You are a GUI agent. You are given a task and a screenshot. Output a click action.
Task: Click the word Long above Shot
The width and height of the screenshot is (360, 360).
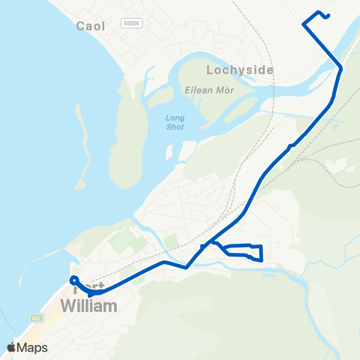coord(174,117)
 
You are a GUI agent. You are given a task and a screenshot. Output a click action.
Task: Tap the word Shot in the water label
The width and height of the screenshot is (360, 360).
coord(174,127)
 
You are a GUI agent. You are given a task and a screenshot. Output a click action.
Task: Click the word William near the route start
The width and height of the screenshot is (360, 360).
coord(88,306)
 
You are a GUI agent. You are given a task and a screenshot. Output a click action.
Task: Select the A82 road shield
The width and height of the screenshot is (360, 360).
coord(36,318)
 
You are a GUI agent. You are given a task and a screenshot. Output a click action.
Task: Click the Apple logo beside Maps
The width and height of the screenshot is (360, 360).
coord(11,347)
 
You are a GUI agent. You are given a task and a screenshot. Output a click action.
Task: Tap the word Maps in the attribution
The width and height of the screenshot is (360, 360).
coord(32,347)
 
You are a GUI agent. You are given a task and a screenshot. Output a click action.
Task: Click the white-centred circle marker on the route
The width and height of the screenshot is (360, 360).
coord(74,280)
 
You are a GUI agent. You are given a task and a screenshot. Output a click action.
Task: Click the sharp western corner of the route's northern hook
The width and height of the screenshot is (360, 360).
coord(304,25)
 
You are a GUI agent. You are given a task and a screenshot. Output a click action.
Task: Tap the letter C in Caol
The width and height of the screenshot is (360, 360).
coord(81,25)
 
